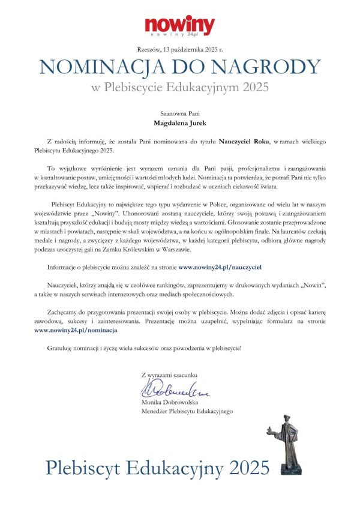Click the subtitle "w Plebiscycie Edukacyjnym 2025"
coord(179,88)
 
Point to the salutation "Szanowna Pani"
coord(179,112)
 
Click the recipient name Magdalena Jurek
coord(179,122)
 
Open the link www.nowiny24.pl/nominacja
coord(76,330)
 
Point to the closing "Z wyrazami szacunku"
coord(170,375)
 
